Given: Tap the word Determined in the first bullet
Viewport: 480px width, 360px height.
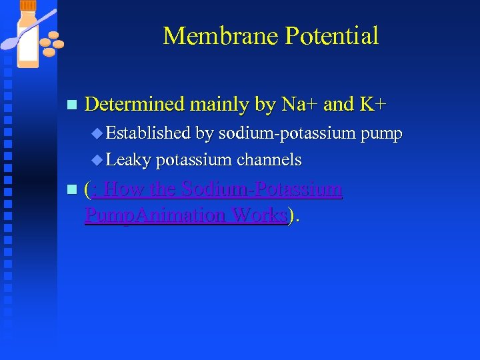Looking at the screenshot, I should click(x=135, y=105).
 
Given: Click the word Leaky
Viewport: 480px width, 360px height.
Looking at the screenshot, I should click(x=128, y=160).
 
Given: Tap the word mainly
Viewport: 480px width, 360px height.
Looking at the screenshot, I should click(x=219, y=105).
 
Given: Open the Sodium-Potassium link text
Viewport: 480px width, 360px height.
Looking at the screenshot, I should click(x=262, y=190).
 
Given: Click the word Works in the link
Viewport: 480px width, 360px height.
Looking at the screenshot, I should click(x=261, y=216).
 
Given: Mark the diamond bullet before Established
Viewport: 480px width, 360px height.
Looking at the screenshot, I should click(x=98, y=134).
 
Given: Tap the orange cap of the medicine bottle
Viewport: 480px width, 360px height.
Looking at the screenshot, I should click(x=28, y=6).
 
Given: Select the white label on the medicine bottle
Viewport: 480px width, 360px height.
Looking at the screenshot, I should click(x=28, y=43).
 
